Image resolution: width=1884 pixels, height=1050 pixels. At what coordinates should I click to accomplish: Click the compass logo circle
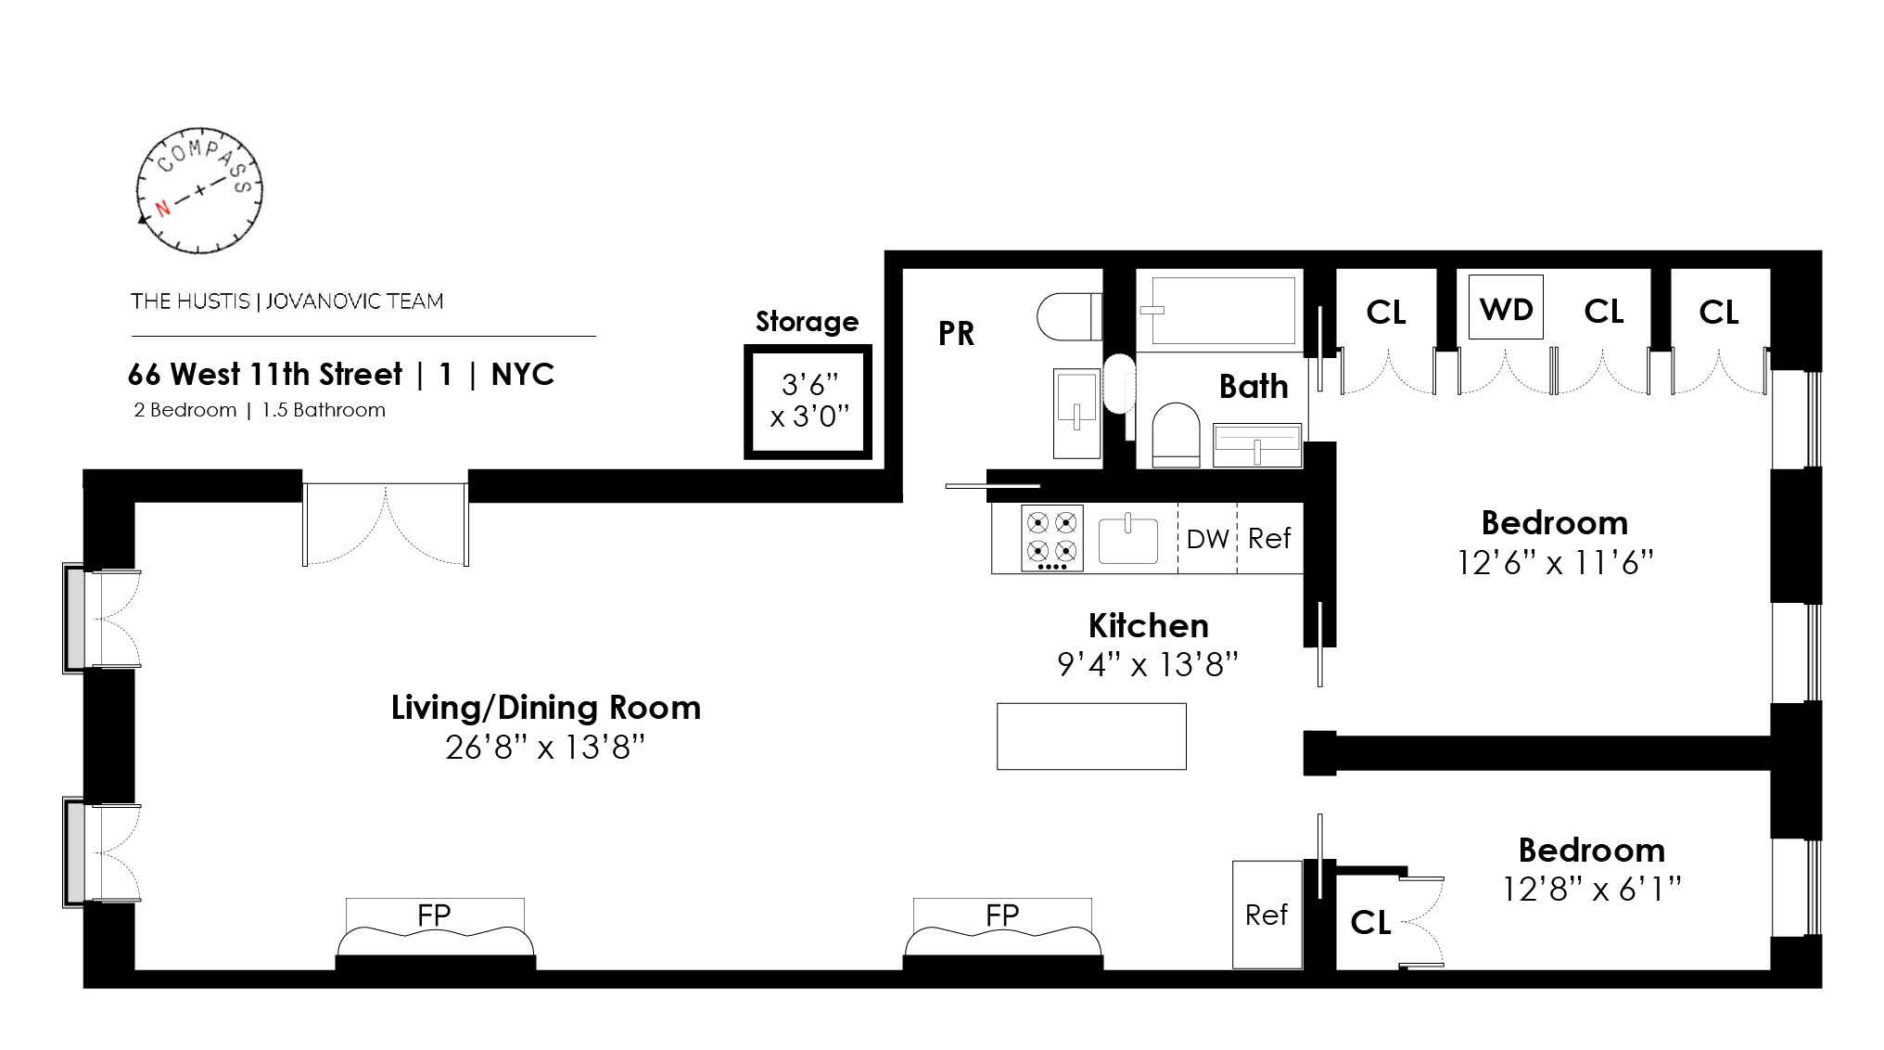click(199, 190)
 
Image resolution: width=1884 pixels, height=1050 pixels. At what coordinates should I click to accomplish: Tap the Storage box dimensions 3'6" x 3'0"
click(809, 400)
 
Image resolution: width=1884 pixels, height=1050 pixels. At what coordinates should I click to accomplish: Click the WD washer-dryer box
click(1506, 308)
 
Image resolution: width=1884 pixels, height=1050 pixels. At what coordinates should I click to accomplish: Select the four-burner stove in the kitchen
click(1051, 538)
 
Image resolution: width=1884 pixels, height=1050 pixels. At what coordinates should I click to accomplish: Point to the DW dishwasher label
click(1207, 539)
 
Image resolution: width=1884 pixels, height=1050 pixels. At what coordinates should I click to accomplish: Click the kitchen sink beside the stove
click(1127, 540)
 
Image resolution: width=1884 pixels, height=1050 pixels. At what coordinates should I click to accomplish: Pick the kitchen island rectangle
click(1091, 736)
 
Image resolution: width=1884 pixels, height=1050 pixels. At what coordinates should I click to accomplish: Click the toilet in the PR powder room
click(1069, 316)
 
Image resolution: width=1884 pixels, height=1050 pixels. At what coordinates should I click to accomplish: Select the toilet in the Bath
click(1175, 434)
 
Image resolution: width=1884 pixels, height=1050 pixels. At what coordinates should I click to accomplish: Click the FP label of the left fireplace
click(434, 916)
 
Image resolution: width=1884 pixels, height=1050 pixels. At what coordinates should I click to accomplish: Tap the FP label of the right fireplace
click(1002, 916)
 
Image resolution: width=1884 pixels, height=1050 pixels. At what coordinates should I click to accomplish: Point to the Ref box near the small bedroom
click(1267, 915)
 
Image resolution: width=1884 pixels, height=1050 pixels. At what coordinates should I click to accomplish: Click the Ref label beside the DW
click(1269, 539)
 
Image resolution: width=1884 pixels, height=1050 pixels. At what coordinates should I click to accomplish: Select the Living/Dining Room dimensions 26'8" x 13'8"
click(544, 747)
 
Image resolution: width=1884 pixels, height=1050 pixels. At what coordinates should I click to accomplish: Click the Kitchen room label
click(1148, 626)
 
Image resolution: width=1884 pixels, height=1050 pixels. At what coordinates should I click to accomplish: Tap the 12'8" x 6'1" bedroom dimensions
click(1591, 890)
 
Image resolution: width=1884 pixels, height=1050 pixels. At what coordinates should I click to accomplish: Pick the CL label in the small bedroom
click(1370, 922)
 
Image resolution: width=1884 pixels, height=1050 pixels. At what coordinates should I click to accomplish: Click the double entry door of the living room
click(385, 524)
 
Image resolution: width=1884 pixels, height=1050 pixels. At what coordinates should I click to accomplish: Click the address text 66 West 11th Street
click(265, 375)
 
